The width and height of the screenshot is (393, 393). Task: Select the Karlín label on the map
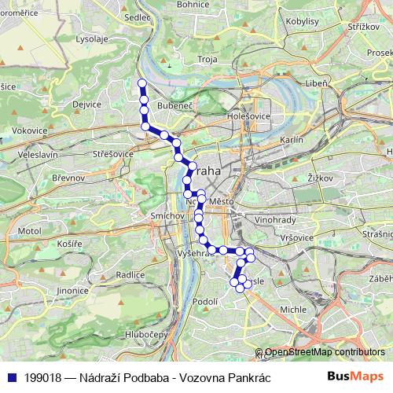click(x=291, y=139)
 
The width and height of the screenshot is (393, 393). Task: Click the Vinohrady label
click(x=274, y=219)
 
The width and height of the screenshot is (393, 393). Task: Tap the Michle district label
click(x=293, y=310)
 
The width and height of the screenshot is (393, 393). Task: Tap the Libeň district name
click(x=317, y=83)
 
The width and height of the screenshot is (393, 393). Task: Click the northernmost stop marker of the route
click(x=141, y=83)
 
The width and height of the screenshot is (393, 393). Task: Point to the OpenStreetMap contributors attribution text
click(x=325, y=351)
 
